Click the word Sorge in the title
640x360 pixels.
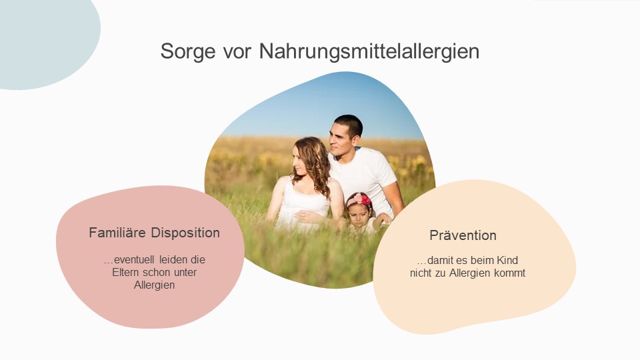(188, 52)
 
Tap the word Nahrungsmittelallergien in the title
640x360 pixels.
(369, 51)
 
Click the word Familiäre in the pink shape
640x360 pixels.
(117, 233)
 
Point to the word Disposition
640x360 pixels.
(185, 233)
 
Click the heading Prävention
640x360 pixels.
(463, 235)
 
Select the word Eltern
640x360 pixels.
(126, 272)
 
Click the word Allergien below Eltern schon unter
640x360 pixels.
(154, 285)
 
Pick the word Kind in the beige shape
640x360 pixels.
(507, 260)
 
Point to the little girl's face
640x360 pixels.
(359, 215)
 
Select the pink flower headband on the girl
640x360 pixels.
(359, 199)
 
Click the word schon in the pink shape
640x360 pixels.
(157, 272)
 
